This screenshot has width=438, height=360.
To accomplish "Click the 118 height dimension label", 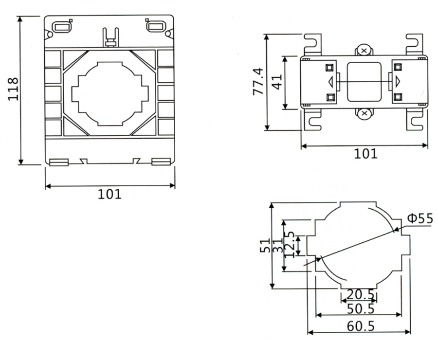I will pyautogui.click(x=13, y=89).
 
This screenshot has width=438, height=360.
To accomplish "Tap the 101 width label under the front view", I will pyautogui.click(x=109, y=194).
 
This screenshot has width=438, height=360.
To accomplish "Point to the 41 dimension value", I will pyautogui.click(x=277, y=81).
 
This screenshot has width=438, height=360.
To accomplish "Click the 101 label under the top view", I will pyautogui.click(x=365, y=154).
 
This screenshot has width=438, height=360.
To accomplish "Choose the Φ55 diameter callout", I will pyautogui.click(x=420, y=218).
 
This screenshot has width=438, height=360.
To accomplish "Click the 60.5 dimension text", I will pyautogui.click(x=361, y=326).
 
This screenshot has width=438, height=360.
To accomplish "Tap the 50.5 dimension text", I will pyautogui.click(x=361, y=309).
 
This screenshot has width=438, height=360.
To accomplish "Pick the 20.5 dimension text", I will pyautogui.click(x=361, y=294).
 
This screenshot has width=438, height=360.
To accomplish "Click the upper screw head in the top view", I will pyautogui.click(x=364, y=50).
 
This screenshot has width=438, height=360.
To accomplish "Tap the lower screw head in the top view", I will pyautogui.click(x=364, y=114).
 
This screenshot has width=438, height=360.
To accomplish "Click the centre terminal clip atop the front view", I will pyautogui.click(x=110, y=38).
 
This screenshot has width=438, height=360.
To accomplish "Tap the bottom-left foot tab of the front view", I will pyautogui.click(x=58, y=162).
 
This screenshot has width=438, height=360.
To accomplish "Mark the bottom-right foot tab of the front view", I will pyautogui.click(x=161, y=162).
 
